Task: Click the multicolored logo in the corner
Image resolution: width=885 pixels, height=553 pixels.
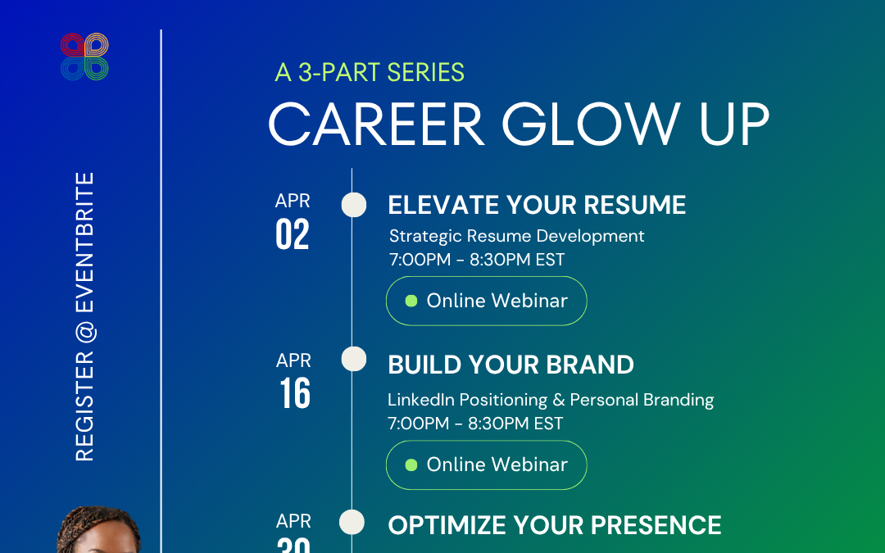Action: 84,57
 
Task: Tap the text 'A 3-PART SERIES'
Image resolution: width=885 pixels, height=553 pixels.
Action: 370,73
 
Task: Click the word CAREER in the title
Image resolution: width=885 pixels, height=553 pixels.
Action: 376,125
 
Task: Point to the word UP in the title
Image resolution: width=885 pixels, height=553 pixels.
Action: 734,125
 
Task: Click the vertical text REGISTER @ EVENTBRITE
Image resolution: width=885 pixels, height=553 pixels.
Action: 85,316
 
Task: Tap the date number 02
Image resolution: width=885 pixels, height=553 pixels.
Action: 293,234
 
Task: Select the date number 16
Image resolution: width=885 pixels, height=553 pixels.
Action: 295,393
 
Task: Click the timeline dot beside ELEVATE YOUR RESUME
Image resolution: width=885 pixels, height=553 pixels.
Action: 354,205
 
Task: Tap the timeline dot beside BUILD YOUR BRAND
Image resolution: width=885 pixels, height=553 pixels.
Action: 354,359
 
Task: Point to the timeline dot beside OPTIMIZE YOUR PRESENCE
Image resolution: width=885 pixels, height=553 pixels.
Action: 352,522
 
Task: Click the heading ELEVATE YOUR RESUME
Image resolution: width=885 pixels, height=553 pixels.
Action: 537,205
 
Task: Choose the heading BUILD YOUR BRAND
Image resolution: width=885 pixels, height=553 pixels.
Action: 511,365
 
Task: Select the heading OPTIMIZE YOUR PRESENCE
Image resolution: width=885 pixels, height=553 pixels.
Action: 555,525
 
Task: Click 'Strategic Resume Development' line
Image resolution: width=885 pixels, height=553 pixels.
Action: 517,236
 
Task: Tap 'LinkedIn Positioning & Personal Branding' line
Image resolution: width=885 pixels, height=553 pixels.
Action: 551,400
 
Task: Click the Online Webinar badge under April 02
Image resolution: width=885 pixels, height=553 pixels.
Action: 487,301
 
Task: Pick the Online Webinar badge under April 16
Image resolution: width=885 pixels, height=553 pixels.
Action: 487,465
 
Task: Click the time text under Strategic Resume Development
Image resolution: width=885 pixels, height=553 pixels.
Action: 477,260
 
